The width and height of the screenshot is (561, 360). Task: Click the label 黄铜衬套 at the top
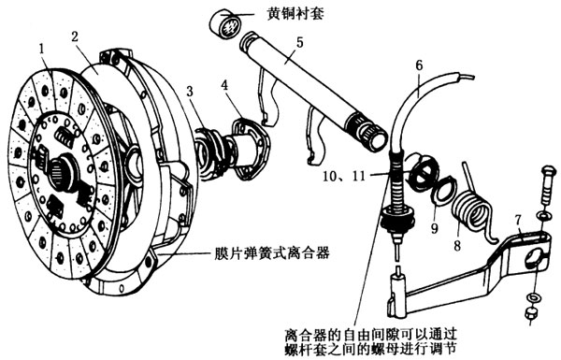click(295, 15)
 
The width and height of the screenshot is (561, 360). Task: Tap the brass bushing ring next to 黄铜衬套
click(225, 25)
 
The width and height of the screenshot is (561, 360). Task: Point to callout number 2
click(75, 36)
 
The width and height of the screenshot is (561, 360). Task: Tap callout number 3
click(189, 92)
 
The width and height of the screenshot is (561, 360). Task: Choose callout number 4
click(224, 85)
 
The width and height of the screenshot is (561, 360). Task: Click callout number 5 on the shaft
click(299, 42)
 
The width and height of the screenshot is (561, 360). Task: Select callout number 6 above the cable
click(419, 65)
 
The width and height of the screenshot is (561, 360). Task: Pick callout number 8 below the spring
click(457, 246)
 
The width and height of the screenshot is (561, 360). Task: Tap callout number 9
click(435, 228)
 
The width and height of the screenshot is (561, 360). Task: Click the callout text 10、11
click(344, 176)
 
